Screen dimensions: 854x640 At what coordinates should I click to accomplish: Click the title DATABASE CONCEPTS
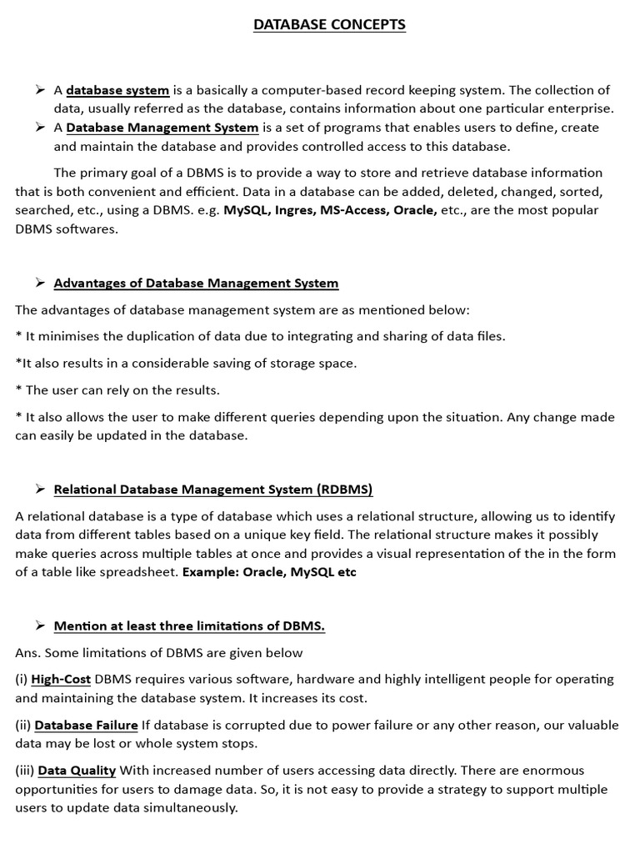pos(329,25)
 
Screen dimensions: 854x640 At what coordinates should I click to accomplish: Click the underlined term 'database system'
pos(117,90)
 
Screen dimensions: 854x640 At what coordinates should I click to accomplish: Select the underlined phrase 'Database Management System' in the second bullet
pos(162,128)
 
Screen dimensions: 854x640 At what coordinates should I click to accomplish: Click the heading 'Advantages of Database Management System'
pos(196,283)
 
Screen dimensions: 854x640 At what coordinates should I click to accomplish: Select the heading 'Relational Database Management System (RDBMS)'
pos(213,489)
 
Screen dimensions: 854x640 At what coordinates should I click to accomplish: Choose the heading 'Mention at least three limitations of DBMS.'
pos(189,625)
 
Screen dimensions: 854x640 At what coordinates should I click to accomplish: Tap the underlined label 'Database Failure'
pos(86,725)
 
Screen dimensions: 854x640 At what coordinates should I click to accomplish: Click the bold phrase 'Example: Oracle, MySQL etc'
pos(269,572)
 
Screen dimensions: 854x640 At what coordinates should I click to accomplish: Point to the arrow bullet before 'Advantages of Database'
pos(39,283)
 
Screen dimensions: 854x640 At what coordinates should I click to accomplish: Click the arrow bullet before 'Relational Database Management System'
pos(39,489)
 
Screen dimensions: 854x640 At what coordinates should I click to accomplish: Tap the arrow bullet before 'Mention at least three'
pos(39,625)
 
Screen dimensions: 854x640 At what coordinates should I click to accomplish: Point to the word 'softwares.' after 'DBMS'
pos(87,229)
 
